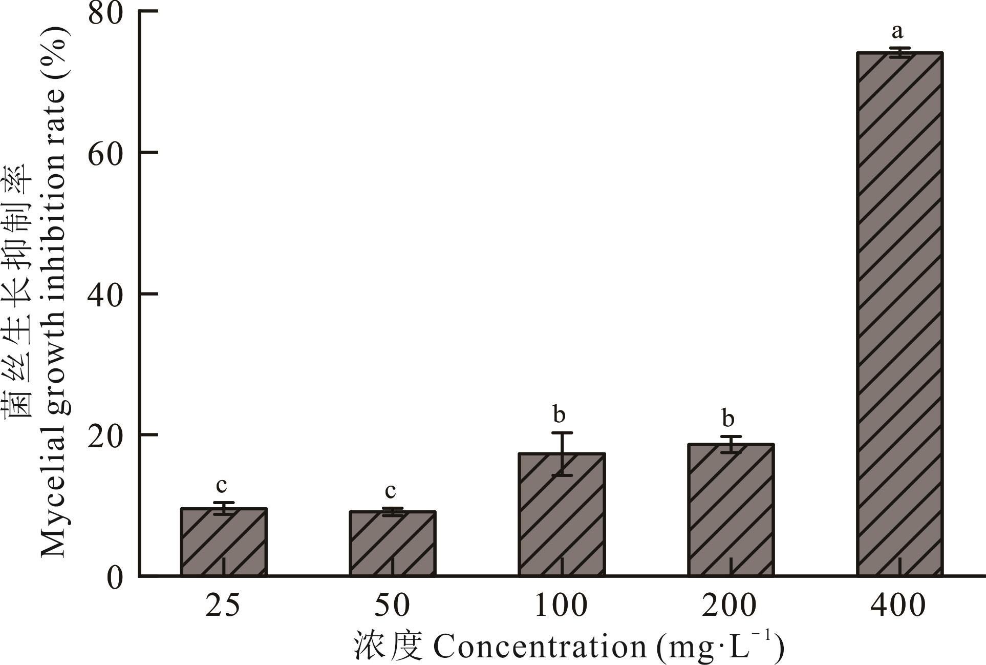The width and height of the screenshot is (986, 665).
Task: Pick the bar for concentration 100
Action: pyautogui.click(x=562, y=514)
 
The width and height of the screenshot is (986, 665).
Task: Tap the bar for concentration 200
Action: pyautogui.click(x=731, y=510)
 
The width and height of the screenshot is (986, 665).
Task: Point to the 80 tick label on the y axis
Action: pyautogui.click(x=106, y=13)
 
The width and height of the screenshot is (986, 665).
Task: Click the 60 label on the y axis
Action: pyautogui.click(x=106, y=153)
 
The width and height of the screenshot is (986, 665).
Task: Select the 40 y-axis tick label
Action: pyautogui.click(x=106, y=294)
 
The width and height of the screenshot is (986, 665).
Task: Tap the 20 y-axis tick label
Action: pyautogui.click(x=106, y=435)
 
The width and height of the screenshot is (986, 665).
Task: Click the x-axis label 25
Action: pyautogui.click(x=223, y=605)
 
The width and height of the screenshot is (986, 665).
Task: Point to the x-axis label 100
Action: pyautogui.click(x=561, y=605)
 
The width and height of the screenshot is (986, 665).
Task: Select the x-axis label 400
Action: pyautogui.click(x=898, y=605)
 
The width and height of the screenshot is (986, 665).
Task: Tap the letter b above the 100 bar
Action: pyautogui.click(x=559, y=414)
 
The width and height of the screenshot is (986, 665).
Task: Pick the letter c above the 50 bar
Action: pyautogui.click(x=391, y=491)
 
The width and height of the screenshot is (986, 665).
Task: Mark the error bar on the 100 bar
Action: pyautogui.click(x=562, y=454)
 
